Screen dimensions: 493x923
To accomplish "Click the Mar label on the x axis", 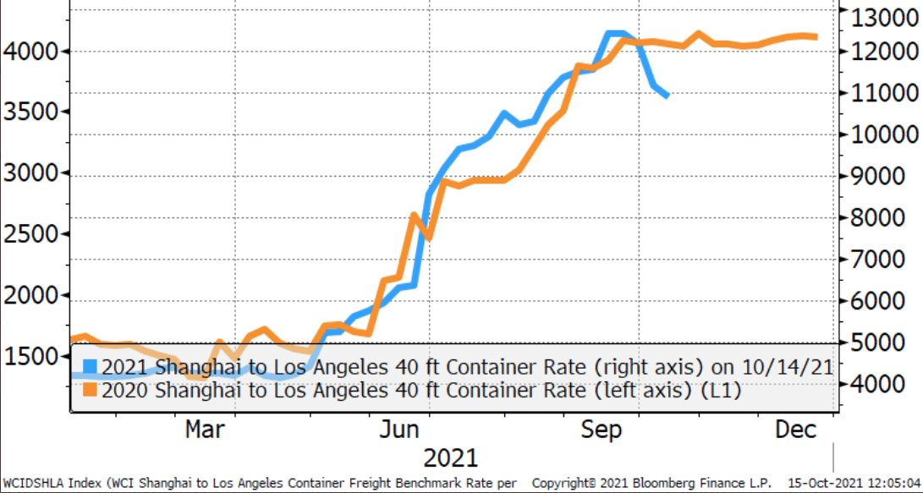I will tap(205, 430).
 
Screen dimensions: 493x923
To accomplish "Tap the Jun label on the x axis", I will tap(398, 430).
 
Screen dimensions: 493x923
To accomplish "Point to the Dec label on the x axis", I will tap(796, 430).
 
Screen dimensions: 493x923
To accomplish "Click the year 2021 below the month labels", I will tap(450, 458).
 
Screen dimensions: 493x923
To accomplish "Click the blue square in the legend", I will tap(90, 367).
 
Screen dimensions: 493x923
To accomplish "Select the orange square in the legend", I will tap(90, 390).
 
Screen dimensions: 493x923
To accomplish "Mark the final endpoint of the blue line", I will tap(668, 96).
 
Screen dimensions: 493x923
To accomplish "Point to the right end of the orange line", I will tap(815, 36).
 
